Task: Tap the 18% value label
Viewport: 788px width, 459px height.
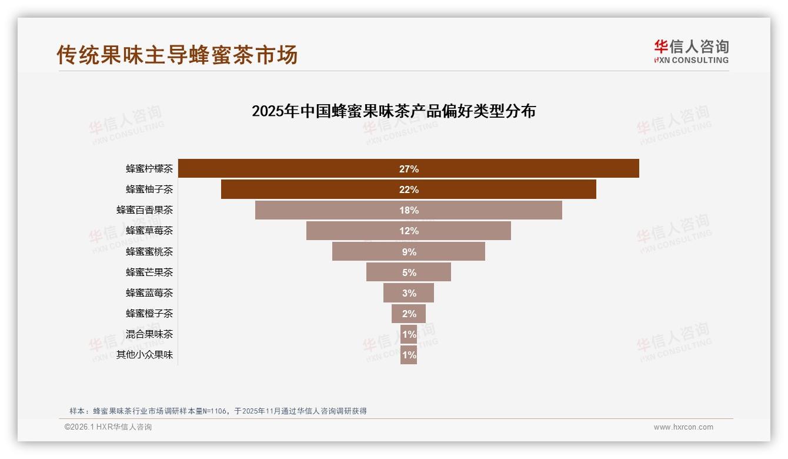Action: [409, 210]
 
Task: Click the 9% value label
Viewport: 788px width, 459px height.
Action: [409, 252]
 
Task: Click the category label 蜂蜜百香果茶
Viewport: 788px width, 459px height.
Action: [145, 210]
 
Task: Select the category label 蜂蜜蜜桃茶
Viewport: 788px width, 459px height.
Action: [149, 251]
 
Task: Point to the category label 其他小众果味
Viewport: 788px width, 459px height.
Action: [145, 355]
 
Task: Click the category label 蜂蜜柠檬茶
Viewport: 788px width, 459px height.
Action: [149, 169]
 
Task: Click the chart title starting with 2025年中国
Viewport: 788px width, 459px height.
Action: [393, 111]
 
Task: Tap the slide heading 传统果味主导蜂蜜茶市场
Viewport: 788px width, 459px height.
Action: [177, 54]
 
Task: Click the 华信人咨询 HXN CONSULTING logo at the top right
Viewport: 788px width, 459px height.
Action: [691, 52]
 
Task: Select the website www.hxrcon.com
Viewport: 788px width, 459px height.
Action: [683, 427]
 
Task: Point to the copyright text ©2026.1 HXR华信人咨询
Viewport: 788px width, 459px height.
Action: [108, 427]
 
